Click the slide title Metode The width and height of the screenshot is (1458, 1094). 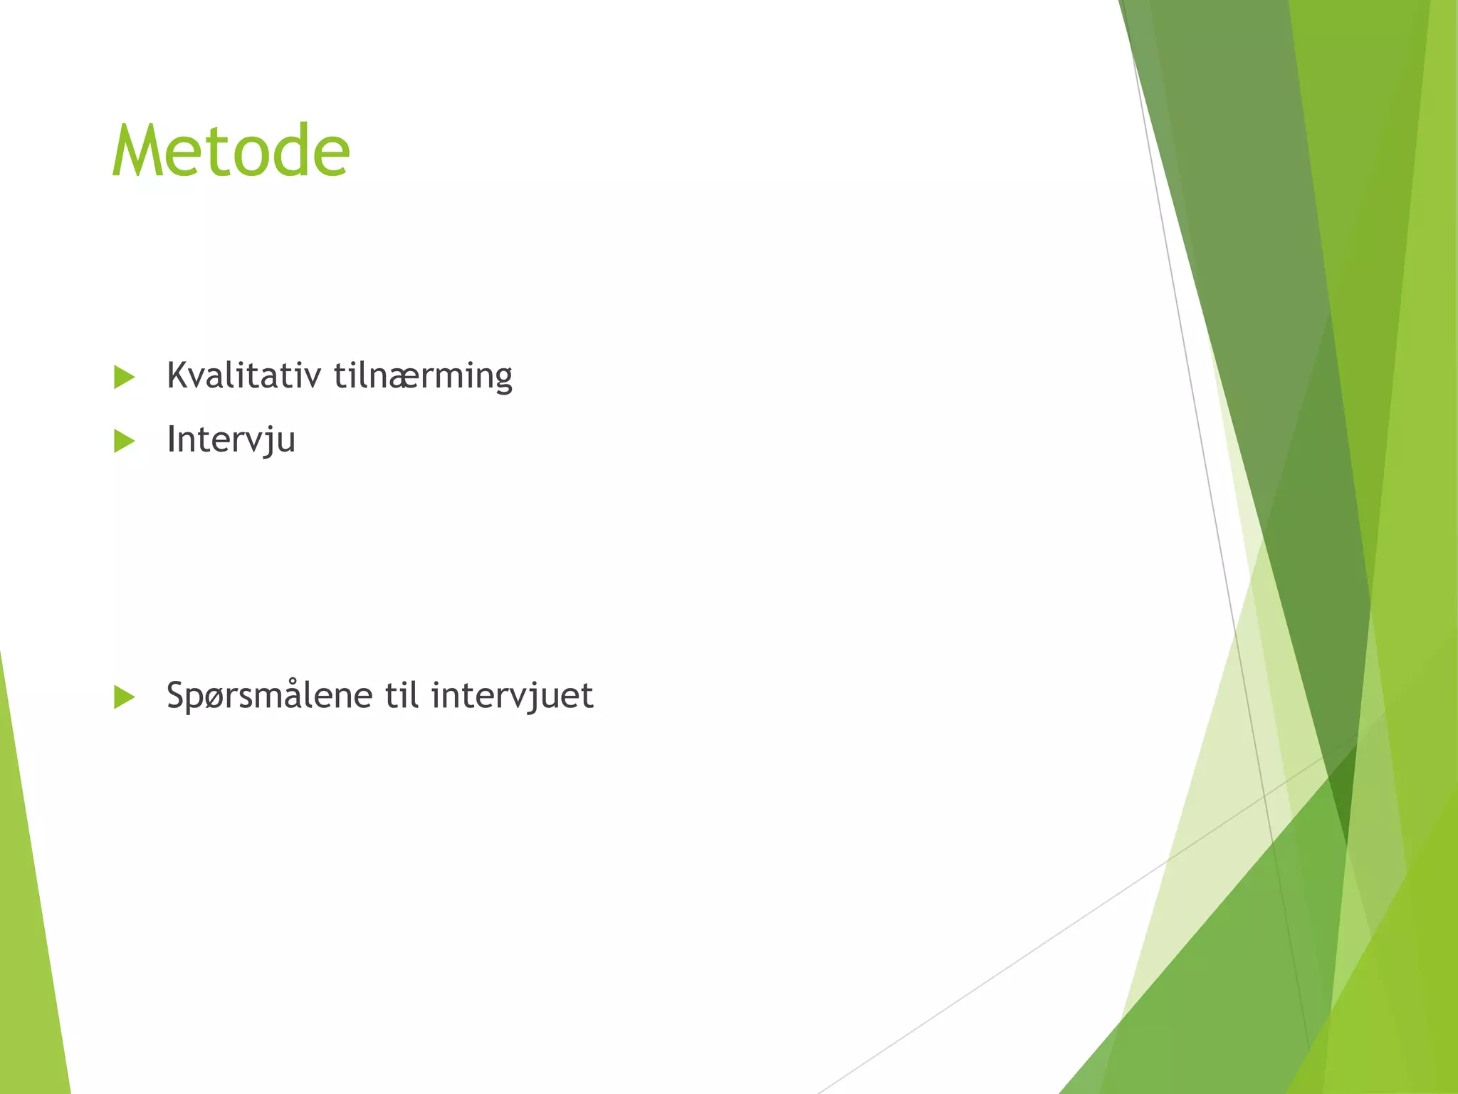coord(231,151)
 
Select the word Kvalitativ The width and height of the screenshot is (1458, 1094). coord(243,375)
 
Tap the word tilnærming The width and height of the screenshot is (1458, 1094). coord(423,375)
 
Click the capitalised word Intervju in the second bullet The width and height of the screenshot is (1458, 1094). coord(231,439)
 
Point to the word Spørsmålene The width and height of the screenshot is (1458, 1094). coord(269,695)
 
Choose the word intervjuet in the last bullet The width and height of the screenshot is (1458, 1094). coord(512,695)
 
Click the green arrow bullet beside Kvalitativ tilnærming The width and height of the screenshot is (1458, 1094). coord(124,377)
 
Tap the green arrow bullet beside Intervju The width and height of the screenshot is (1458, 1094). coord(124,442)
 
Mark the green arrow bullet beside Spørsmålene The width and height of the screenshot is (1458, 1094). coord(124,697)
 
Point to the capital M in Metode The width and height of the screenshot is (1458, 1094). coord(140,151)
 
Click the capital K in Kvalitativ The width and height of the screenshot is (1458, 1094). coord(177,375)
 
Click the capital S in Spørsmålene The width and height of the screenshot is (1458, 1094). coord(176,695)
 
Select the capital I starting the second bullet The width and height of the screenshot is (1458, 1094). coord(171,439)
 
